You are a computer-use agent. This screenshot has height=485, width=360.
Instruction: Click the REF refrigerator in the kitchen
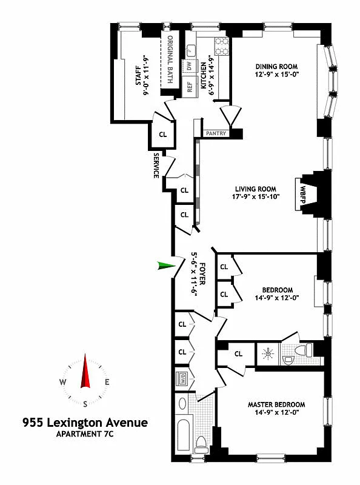tap(189, 86)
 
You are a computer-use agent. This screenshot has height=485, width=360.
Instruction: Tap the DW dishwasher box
tap(189, 65)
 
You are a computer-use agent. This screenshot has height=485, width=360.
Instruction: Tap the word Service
tap(156, 166)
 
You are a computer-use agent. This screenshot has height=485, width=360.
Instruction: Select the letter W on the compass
tap(63, 383)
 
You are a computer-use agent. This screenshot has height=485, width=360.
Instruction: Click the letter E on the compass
tap(107, 383)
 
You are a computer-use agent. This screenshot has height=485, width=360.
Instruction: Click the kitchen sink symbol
tap(190, 49)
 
